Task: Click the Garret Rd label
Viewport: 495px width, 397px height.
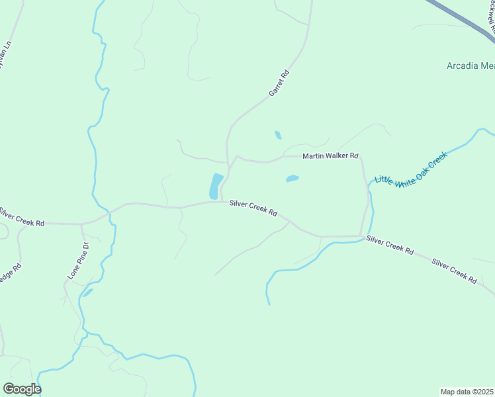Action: [280, 84]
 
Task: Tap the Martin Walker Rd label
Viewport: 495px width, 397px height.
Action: [330, 156]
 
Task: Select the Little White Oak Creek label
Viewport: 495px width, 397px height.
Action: [411, 169]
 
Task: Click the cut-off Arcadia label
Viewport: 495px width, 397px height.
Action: [471, 66]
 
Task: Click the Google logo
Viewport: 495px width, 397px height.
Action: [22, 389]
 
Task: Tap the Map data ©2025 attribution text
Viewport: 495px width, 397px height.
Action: [467, 392]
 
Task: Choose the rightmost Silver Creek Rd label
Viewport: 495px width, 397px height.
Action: [454, 271]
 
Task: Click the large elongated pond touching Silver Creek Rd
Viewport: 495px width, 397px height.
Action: [216, 186]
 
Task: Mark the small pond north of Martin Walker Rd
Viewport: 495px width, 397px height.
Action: [278, 135]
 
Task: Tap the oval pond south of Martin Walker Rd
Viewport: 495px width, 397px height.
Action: [292, 178]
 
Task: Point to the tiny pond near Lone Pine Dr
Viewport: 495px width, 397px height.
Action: [87, 292]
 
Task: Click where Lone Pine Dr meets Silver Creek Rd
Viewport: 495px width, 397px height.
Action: [81, 224]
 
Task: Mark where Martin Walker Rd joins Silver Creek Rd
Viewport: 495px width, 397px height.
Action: [361, 235]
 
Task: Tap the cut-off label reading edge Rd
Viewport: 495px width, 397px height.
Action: [11, 274]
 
